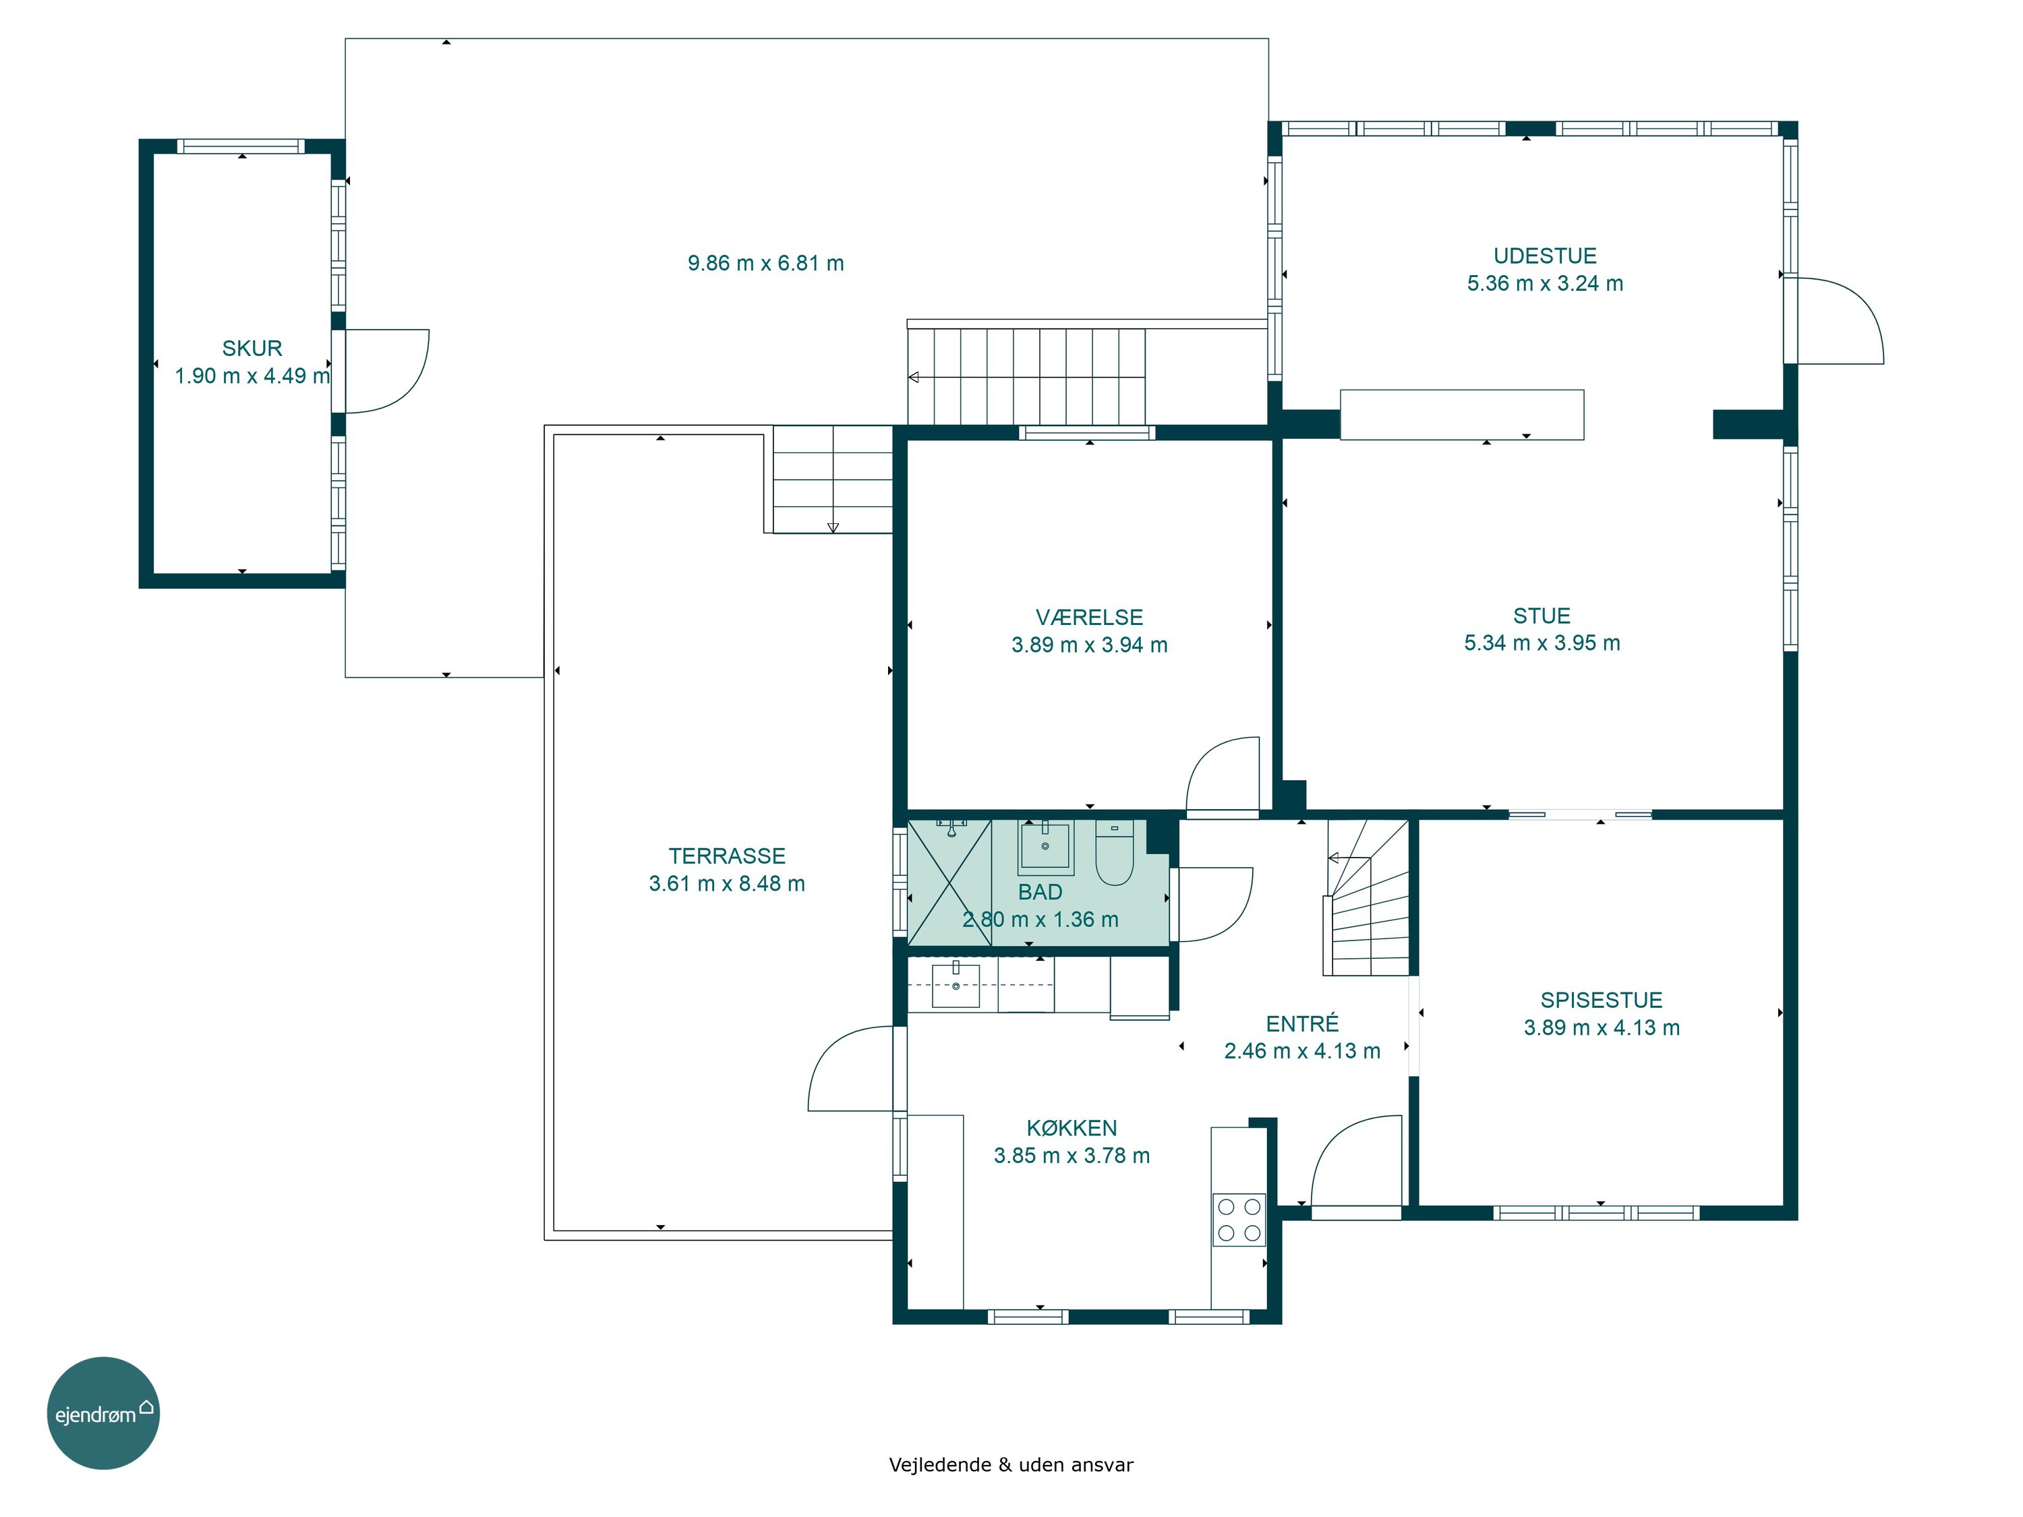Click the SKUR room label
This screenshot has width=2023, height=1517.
pos(252,349)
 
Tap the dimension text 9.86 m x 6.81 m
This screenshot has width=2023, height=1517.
pos(765,264)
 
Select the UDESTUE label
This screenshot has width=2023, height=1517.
pos(1545,256)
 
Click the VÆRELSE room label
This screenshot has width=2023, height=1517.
pos(1089,617)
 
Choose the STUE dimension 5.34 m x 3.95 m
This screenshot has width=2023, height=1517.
pos(1542,643)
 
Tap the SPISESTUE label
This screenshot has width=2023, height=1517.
pos(1602,1001)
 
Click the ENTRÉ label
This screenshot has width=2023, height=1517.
pos(1302,1023)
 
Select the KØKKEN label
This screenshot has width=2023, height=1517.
pos(1072,1129)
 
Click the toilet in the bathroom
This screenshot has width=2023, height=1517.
pos(1114,853)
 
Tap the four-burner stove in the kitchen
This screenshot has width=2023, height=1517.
pos(1239,1220)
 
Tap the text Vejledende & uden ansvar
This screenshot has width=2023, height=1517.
pos(1011,1465)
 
